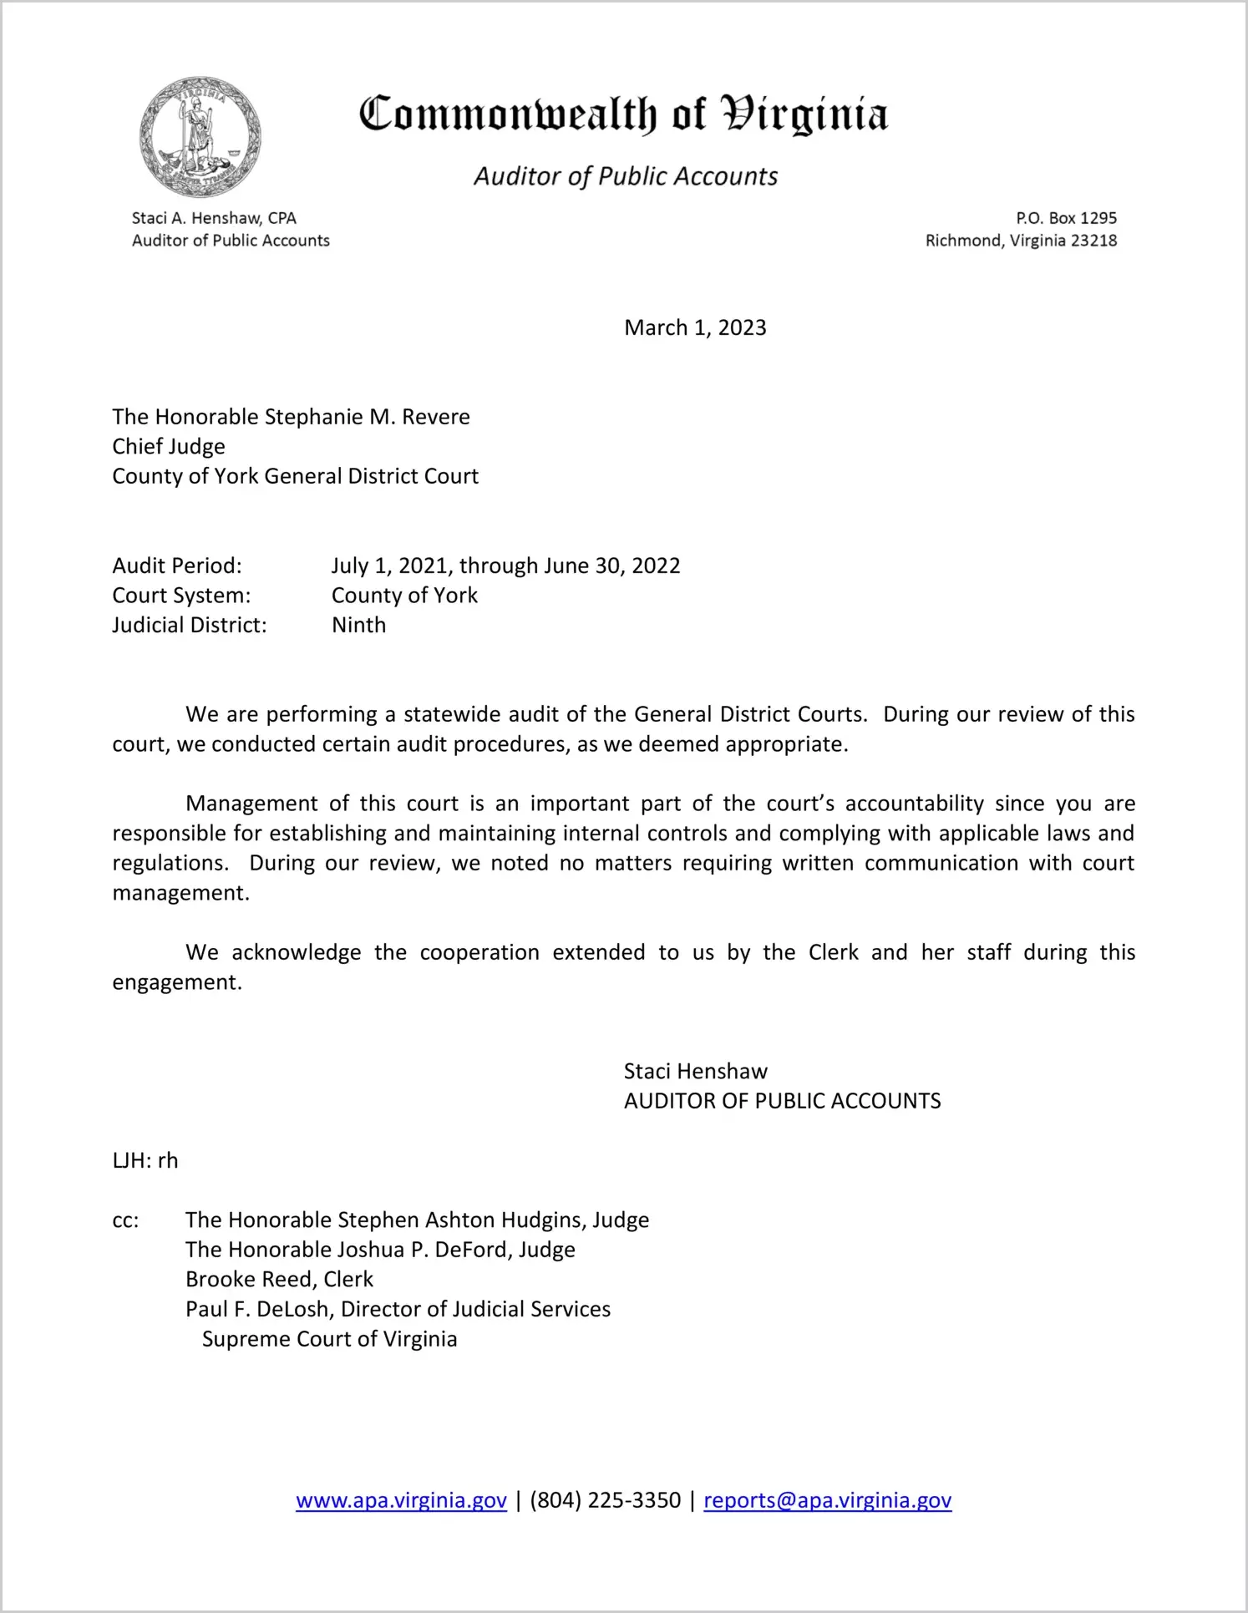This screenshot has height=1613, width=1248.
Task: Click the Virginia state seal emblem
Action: coord(200,137)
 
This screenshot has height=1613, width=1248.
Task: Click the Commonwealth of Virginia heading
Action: coord(623,114)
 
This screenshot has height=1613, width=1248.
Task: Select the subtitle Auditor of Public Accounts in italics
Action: coord(626,176)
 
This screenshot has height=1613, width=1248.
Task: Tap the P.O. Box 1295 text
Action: coord(1066,218)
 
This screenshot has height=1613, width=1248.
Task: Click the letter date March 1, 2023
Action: coord(695,327)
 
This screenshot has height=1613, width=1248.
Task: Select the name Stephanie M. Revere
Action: coord(368,417)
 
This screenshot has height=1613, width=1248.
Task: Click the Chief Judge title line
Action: coord(169,446)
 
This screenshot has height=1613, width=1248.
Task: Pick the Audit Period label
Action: coord(177,566)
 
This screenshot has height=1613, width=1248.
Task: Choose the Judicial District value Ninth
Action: coord(359,625)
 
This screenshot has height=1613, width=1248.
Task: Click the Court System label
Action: coord(181,596)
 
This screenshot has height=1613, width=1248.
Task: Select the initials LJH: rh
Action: coord(145,1160)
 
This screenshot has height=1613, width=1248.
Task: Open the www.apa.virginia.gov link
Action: coord(401,1500)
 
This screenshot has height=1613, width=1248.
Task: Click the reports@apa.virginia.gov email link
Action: coord(827,1500)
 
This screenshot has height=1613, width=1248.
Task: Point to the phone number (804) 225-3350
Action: coord(605,1500)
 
